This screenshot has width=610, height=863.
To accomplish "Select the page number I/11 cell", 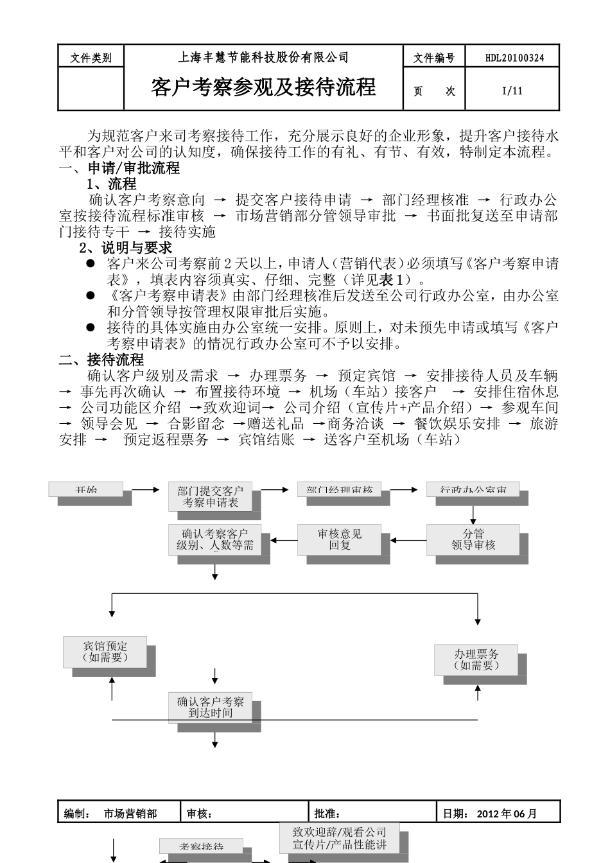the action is (x=512, y=91).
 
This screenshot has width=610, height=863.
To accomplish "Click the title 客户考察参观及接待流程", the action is (x=263, y=87).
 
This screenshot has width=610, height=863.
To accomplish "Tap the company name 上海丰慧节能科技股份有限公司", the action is (x=263, y=57).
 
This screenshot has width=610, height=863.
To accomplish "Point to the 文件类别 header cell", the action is (x=91, y=58).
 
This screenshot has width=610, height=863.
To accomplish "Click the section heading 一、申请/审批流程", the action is (x=119, y=169).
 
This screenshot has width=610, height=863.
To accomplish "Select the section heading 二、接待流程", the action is (x=101, y=360).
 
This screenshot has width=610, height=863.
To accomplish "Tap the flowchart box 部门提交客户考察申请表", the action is (x=211, y=497).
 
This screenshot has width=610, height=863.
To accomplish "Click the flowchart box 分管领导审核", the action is (x=473, y=539).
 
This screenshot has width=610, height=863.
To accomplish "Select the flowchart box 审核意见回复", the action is (x=340, y=539).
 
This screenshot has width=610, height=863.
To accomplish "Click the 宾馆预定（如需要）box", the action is (x=105, y=652).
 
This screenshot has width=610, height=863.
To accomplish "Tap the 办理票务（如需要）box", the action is (x=476, y=659).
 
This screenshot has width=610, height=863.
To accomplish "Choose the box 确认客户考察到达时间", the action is (x=211, y=708).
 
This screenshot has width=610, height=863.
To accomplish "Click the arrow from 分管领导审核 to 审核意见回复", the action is (x=408, y=540).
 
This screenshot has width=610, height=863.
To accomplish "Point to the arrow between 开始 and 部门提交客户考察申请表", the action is (x=145, y=490).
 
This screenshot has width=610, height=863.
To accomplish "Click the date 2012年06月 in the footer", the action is (x=507, y=814).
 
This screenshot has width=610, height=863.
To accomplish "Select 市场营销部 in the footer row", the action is (x=130, y=814).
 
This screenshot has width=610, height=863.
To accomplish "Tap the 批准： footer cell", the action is (x=372, y=814).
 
